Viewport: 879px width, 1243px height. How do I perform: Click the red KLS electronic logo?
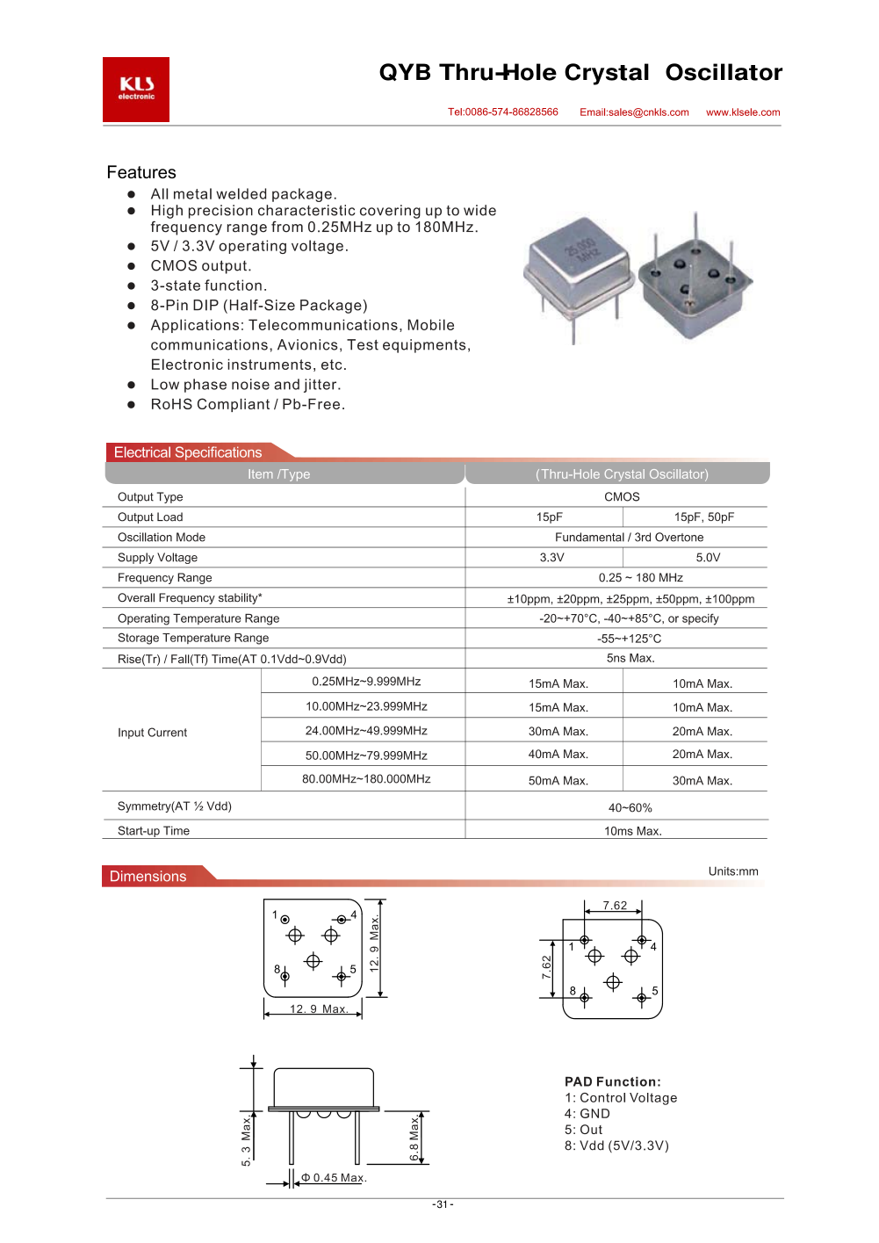coord(136,90)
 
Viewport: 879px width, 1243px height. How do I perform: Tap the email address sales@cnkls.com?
coord(634,112)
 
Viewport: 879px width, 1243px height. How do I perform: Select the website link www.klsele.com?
coord(743,112)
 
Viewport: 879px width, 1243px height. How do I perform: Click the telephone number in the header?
coord(503,112)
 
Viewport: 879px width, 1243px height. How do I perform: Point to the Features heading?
coord(141,172)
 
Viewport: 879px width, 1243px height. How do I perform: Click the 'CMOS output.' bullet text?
coord(201,266)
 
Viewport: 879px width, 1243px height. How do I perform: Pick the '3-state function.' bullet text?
coord(209,285)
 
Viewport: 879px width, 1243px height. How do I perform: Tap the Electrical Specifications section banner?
coord(188,452)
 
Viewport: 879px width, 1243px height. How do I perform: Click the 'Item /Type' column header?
coord(279,474)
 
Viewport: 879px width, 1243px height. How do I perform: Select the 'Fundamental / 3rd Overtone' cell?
coord(630,538)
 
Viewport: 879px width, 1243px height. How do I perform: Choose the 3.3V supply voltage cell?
coord(552,558)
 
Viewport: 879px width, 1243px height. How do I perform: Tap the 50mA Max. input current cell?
coord(558,781)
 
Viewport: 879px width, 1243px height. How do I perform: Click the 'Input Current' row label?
coord(153,733)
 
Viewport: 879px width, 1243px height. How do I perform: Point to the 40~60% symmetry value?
coord(630,808)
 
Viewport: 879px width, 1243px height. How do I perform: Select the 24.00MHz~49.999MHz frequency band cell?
coord(366,731)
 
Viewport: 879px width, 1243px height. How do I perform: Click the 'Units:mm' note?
coord(733,871)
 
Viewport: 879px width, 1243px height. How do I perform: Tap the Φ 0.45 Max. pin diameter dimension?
coord(334,1178)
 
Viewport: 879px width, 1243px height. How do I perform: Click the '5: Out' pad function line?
coord(584,1130)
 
